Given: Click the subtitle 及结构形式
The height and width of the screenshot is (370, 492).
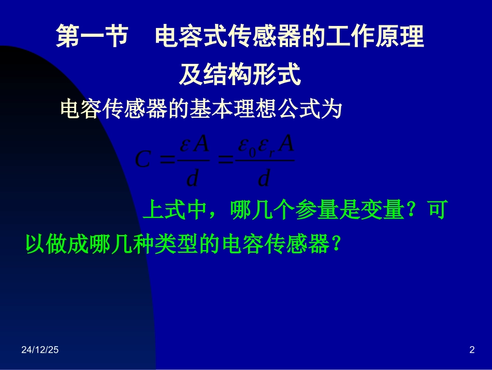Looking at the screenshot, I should point(240,76).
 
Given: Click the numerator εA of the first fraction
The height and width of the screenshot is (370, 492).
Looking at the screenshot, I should point(194,145).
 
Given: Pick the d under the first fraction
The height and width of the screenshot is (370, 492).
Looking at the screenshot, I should point(192,178).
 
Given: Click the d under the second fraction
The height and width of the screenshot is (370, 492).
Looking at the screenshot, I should point(264,178).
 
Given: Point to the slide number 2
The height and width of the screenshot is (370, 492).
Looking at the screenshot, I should point(471,351).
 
